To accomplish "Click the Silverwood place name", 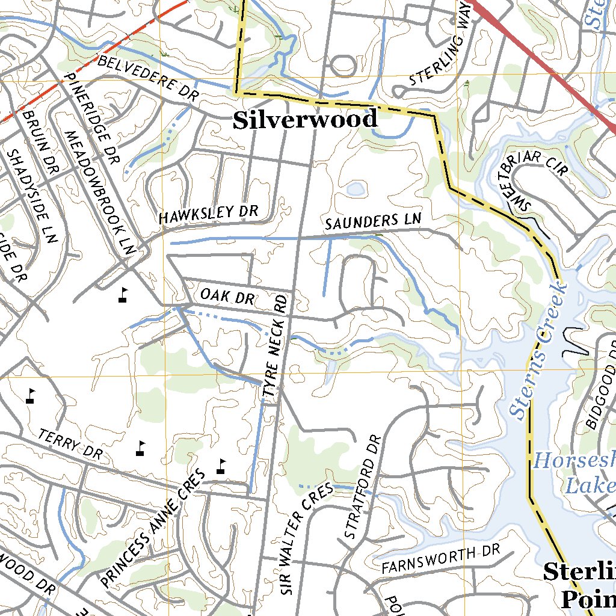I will pyautogui.click(x=305, y=120).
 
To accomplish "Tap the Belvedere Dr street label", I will pyautogui.click(x=147, y=79).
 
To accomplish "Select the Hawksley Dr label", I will pyautogui.click(x=208, y=214).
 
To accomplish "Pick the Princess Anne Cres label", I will pyautogui.click(x=153, y=528).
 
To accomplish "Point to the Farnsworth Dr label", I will pyautogui.click(x=441, y=559).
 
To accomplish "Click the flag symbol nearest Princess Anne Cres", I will pyautogui.click(x=221, y=466).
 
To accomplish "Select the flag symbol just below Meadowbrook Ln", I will pyautogui.click(x=123, y=295).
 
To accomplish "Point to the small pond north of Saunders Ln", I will pyautogui.click(x=355, y=189).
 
